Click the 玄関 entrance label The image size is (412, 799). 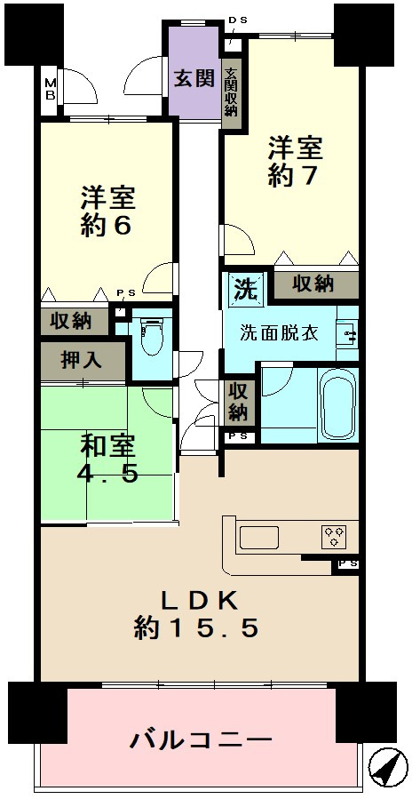194,78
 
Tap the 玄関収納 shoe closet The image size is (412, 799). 232,92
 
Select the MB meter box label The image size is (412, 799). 50,88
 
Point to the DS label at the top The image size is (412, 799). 237,20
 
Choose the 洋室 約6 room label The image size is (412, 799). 107,212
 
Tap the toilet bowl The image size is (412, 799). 150,337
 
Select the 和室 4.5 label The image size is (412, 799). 107,460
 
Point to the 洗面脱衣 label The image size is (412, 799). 280,335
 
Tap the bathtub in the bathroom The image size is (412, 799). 338,403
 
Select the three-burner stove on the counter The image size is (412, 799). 334,537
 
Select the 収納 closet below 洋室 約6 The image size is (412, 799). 75,322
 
